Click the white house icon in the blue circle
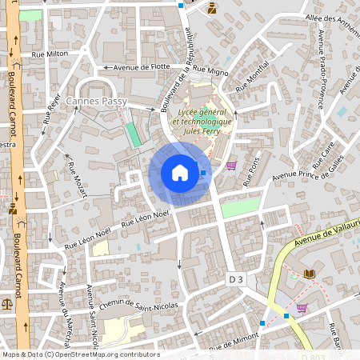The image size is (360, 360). coord(180,173)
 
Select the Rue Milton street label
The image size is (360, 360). coord(50,54)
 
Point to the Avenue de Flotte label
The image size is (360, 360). coord(141,68)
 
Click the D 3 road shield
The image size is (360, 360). coord(235,279)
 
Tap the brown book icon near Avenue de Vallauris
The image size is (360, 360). coord(310,274)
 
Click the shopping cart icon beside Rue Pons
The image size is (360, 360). coord(231,166)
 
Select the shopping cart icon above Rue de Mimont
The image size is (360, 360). coord(302,307)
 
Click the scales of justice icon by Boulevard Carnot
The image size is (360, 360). coord(8,303)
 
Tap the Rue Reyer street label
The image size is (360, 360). coord(51,109)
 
